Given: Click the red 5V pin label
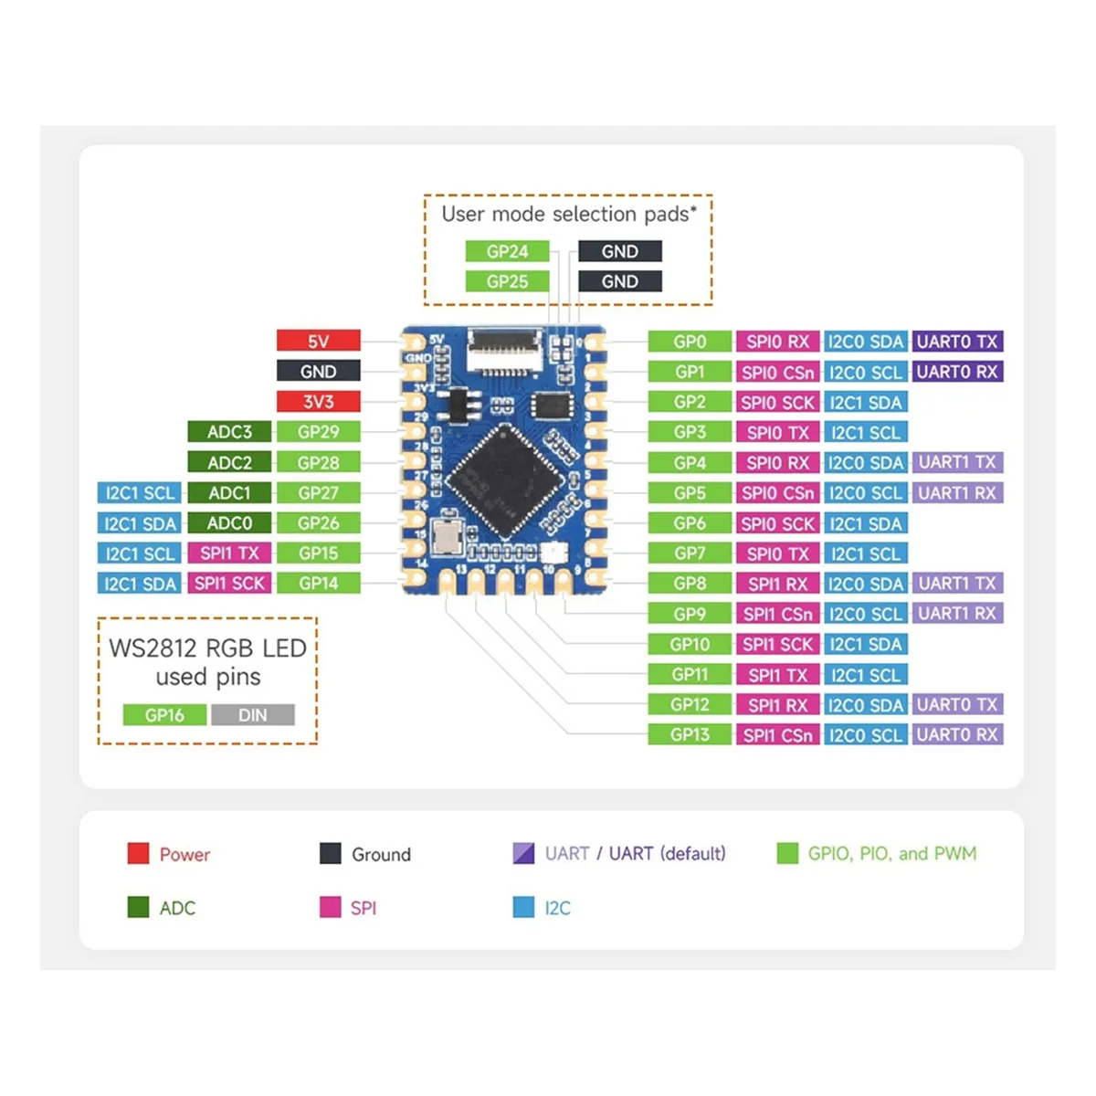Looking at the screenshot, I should tap(318, 341).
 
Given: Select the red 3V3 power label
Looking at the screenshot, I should tap(318, 401).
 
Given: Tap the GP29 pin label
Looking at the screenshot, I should tap(318, 431).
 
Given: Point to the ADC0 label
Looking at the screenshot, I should tap(229, 522).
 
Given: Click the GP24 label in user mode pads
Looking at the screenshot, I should tap(507, 251).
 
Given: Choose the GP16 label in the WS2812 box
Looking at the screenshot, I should tap(164, 714).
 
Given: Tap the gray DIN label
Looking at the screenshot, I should tap(253, 714).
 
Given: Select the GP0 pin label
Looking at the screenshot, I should tap(690, 342).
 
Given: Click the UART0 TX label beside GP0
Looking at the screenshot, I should tap(956, 342).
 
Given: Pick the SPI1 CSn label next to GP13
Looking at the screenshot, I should tap(777, 734).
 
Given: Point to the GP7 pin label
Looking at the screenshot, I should tap(690, 553).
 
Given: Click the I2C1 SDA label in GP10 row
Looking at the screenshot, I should tap(865, 644).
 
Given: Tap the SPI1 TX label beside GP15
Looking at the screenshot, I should tap(229, 553).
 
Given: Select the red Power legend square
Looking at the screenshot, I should tap(138, 853).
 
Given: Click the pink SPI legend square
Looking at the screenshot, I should tap(330, 907).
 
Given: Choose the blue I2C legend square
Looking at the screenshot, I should tap(523, 907).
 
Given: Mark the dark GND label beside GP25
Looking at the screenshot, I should tap(619, 281).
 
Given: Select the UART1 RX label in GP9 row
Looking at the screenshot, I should tap(956, 613).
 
